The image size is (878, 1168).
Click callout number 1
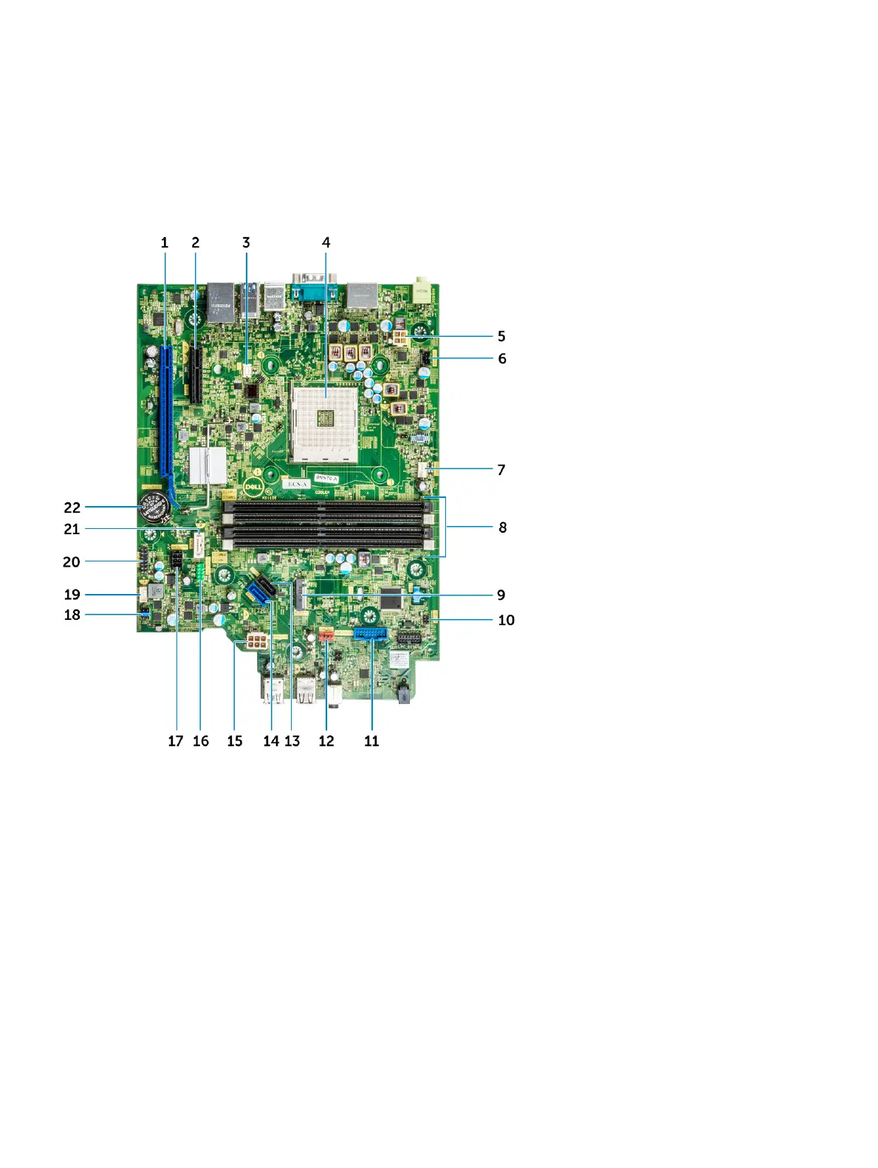click(165, 242)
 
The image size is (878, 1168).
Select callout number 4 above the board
click(326, 242)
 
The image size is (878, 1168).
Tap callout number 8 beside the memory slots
click(502, 527)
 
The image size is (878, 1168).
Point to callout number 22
click(72, 508)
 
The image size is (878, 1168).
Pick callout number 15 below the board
click(235, 741)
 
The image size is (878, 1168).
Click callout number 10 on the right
click(506, 620)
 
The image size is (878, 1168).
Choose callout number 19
click(72, 595)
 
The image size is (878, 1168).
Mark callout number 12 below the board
click(326, 741)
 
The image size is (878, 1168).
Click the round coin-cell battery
click(156, 508)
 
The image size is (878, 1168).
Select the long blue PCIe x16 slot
click(164, 414)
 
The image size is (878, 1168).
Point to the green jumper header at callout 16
click(200, 570)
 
